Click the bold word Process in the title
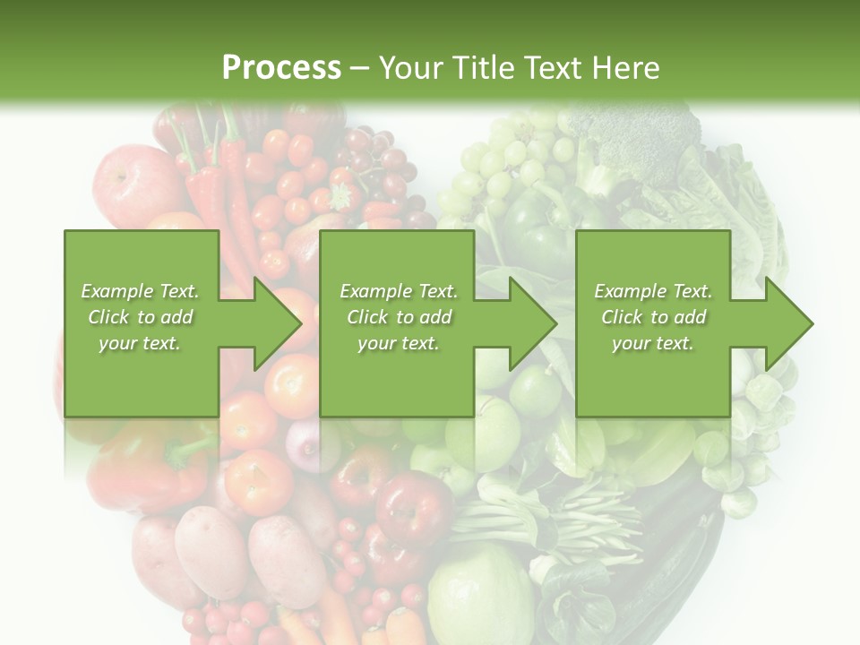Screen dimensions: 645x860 281,68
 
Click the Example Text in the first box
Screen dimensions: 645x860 140,291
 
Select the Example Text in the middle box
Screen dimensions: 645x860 398,291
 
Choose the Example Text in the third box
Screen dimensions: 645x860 652,291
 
